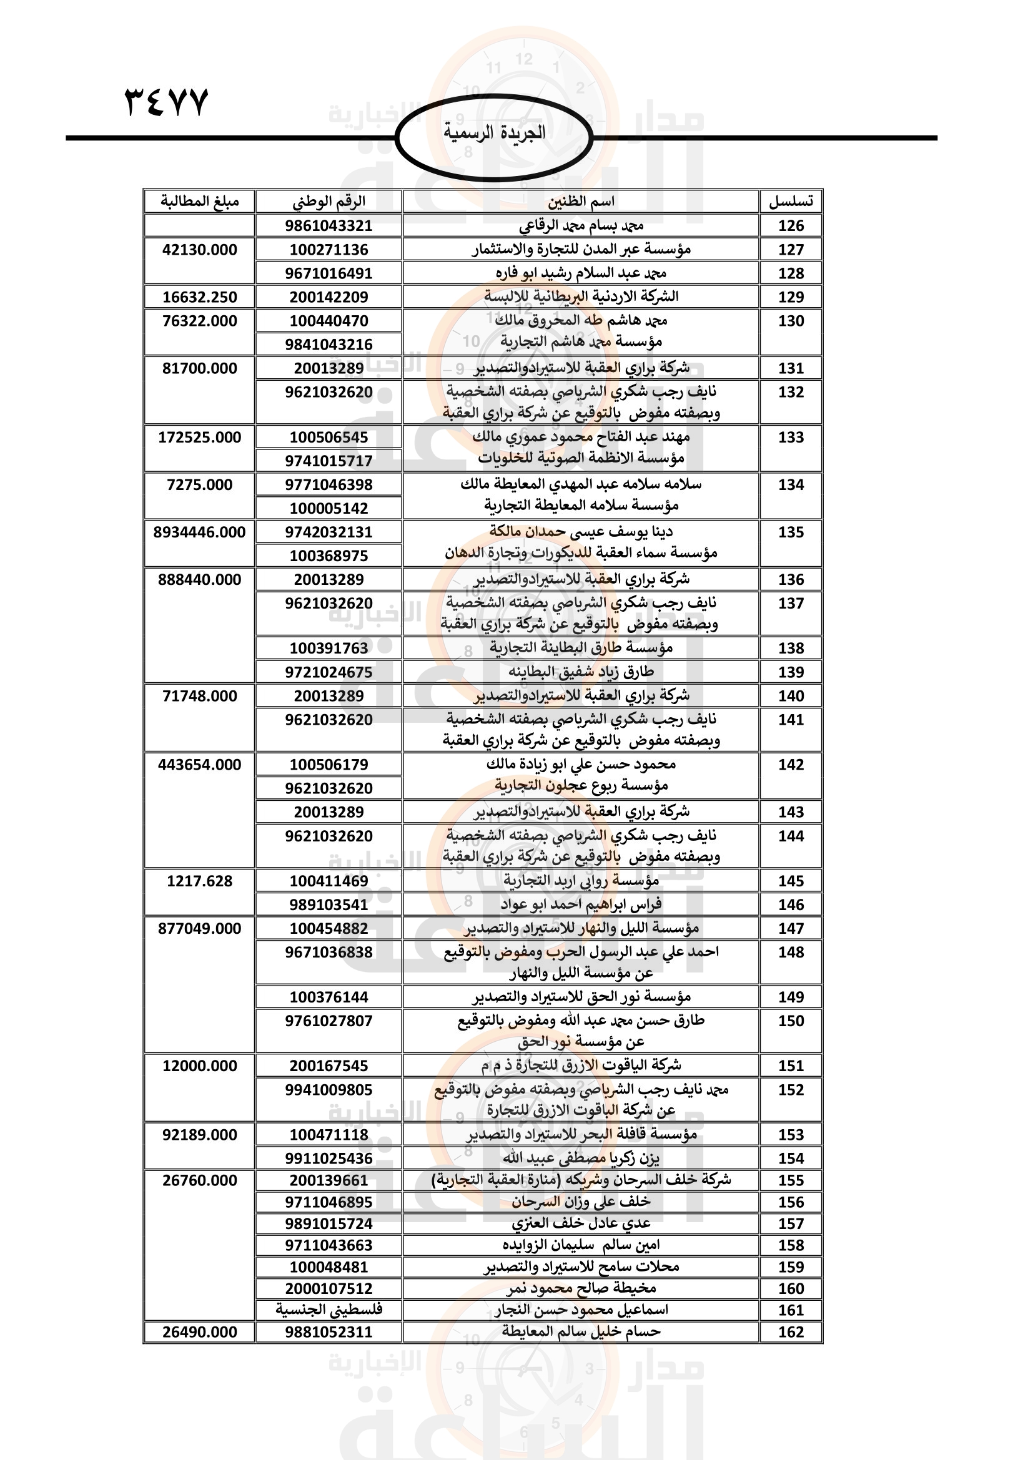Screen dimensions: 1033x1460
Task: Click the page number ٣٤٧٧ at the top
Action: [166, 102]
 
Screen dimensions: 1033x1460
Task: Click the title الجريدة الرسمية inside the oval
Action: [493, 133]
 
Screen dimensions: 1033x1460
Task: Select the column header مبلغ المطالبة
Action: [199, 202]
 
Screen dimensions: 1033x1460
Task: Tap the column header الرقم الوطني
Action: [329, 202]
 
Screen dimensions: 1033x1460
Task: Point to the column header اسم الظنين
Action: [581, 202]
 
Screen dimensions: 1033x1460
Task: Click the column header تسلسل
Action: [791, 202]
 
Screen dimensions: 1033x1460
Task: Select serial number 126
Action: [791, 226]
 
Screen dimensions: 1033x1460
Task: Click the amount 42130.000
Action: [199, 250]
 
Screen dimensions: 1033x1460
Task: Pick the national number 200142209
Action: [329, 297]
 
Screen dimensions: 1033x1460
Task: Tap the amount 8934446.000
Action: [199, 532]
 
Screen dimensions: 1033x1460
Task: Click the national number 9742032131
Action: [329, 532]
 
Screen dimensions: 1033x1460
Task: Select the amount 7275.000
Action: [199, 484]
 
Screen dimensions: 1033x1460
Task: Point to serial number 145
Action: [791, 881]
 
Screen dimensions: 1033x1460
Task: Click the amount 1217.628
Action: [199, 881]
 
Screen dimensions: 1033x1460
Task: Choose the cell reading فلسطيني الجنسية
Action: [329, 1310]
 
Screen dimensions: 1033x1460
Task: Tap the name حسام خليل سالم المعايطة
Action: [581, 1331]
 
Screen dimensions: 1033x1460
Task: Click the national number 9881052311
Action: [329, 1331]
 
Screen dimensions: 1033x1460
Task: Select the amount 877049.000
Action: [199, 928]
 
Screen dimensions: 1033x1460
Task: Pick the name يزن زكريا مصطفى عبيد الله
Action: [581, 1158]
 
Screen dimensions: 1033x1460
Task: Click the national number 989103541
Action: [329, 904]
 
